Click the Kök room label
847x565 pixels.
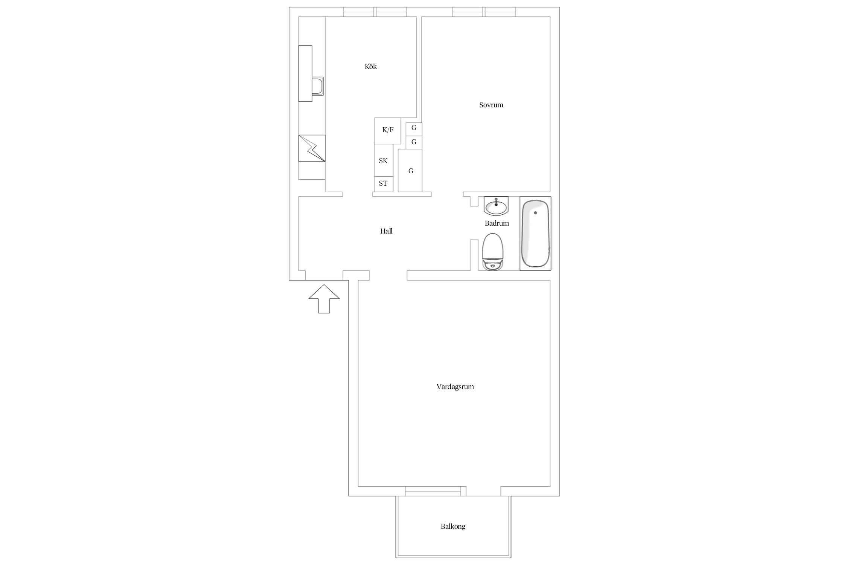tap(370, 67)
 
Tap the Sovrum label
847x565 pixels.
tap(491, 105)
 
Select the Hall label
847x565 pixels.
tap(386, 231)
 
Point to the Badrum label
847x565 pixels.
tap(497, 223)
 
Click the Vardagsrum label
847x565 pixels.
tap(455, 387)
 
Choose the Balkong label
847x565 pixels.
tap(453, 527)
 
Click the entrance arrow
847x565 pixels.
tap(324, 299)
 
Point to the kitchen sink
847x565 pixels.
tap(318, 86)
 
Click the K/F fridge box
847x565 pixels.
tap(387, 131)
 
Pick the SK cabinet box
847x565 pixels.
tap(384, 160)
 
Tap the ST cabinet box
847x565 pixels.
tap(384, 184)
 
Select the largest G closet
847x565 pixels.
tap(410, 171)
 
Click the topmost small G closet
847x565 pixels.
tap(414, 128)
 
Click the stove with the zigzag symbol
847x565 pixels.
tap(312, 148)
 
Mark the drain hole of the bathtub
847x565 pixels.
tap(535, 213)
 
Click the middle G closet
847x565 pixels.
tap(414, 142)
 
